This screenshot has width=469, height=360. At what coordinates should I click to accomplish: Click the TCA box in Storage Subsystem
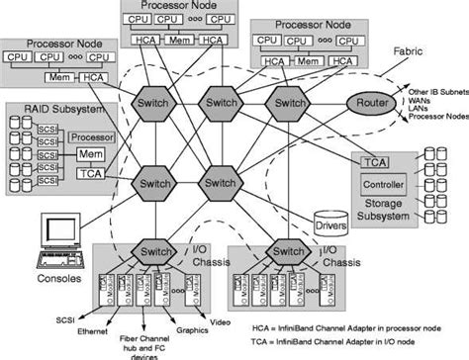click(374, 161)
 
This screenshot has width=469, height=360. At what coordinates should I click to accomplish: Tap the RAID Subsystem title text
click(48, 109)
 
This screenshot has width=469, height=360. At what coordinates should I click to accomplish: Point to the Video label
click(226, 323)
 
